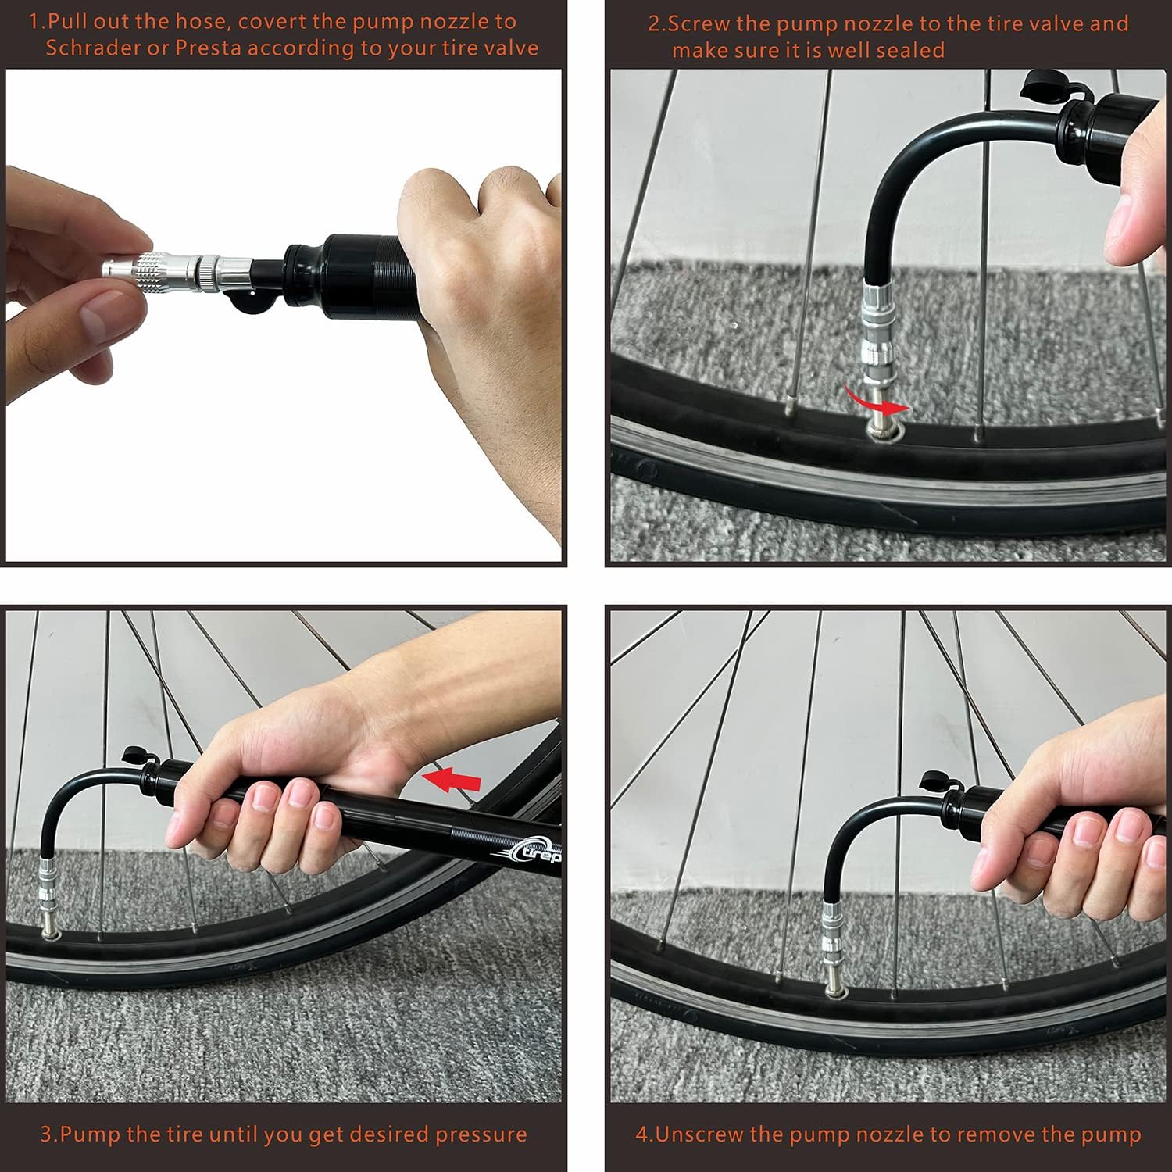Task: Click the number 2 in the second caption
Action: tap(655, 23)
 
